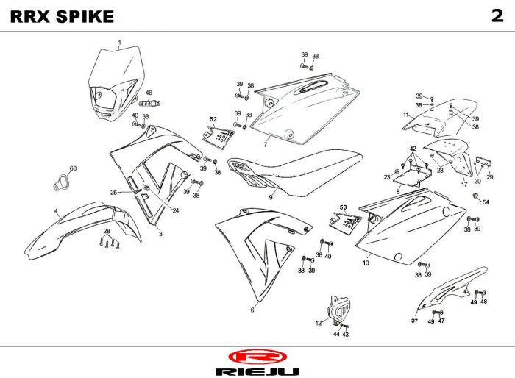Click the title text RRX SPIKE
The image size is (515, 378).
(x=62, y=17)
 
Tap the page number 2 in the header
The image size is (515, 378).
(x=497, y=15)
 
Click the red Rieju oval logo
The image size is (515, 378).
(x=257, y=357)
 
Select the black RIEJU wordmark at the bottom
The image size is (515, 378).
(x=257, y=372)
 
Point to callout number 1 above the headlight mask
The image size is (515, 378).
(x=119, y=43)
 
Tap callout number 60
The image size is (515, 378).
(x=73, y=168)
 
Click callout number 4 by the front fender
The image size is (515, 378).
(x=56, y=211)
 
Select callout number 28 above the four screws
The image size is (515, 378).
(x=107, y=231)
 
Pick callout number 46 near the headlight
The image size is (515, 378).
(x=149, y=93)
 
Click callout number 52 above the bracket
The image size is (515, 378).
(x=213, y=119)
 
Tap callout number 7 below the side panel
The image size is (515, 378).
(x=266, y=144)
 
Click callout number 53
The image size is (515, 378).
(x=344, y=207)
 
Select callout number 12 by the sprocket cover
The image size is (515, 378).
(x=319, y=324)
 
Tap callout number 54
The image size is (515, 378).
(x=486, y=202)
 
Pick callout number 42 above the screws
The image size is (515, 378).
(x=413, y=149)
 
